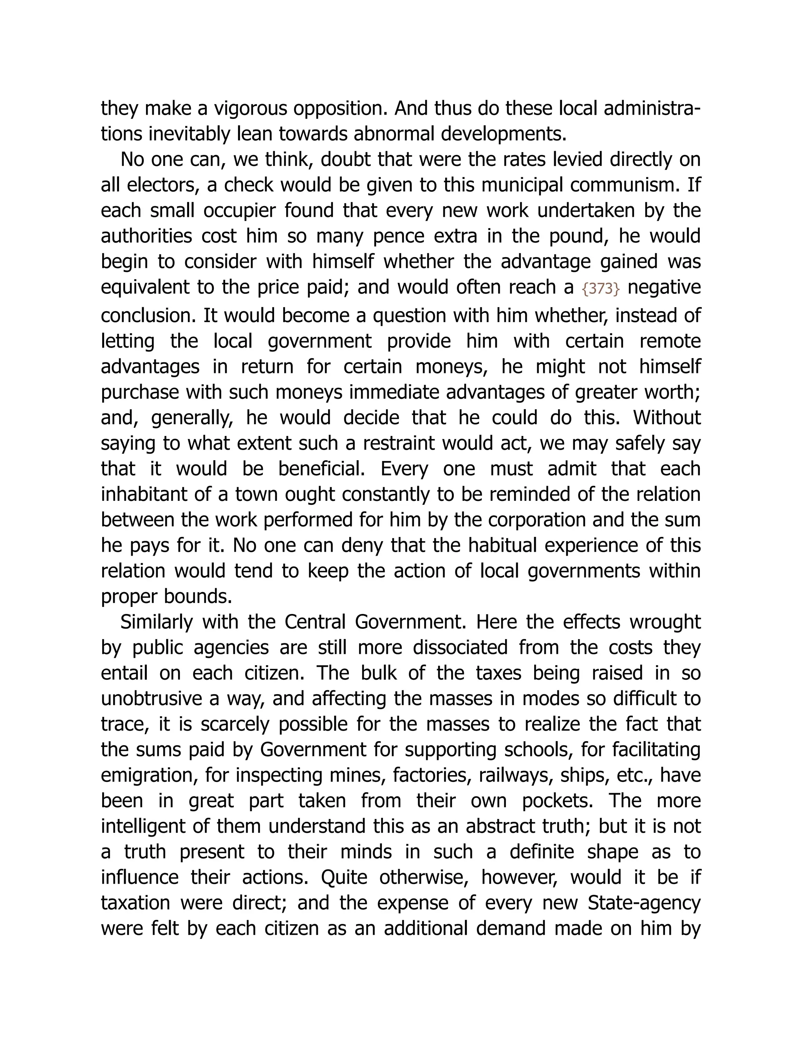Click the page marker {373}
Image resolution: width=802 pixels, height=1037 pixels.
pos(601,289)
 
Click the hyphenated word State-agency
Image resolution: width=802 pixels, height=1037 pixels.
pos(644,904)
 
